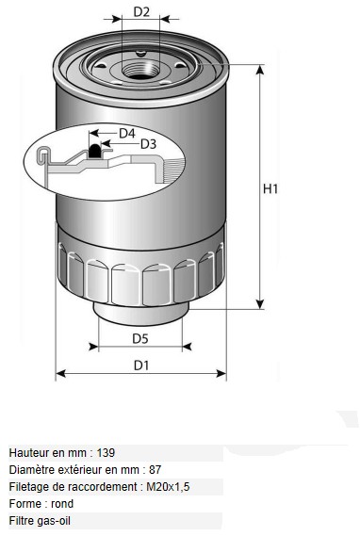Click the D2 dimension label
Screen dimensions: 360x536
(x=141, y=11)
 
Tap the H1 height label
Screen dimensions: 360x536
(x=270, y=188)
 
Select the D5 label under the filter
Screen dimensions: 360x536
(x=140, y=338)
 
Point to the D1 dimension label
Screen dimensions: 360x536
(x=141, y=365)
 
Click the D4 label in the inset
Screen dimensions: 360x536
(x=127, y=134)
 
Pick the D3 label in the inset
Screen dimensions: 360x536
(x=148, y=144)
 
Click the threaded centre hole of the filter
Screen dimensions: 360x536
(x=140, y=70)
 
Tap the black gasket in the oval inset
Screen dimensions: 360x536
(x=94, y=151)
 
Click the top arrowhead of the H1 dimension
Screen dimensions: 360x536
(x=260, y=70)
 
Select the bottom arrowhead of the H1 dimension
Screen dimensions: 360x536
(x=260, y=303)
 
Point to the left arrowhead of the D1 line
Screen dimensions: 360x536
(x=60, y=374)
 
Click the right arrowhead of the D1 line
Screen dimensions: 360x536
(x=221, y=374)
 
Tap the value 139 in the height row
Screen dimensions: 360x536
(x=106, y=453)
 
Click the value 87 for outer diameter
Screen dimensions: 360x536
(x=155, y=470)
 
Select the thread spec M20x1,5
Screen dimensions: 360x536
(x=168, y=487)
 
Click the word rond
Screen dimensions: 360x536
(x=62, y=504)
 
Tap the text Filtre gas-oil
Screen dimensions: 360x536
(x=40, y=521)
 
